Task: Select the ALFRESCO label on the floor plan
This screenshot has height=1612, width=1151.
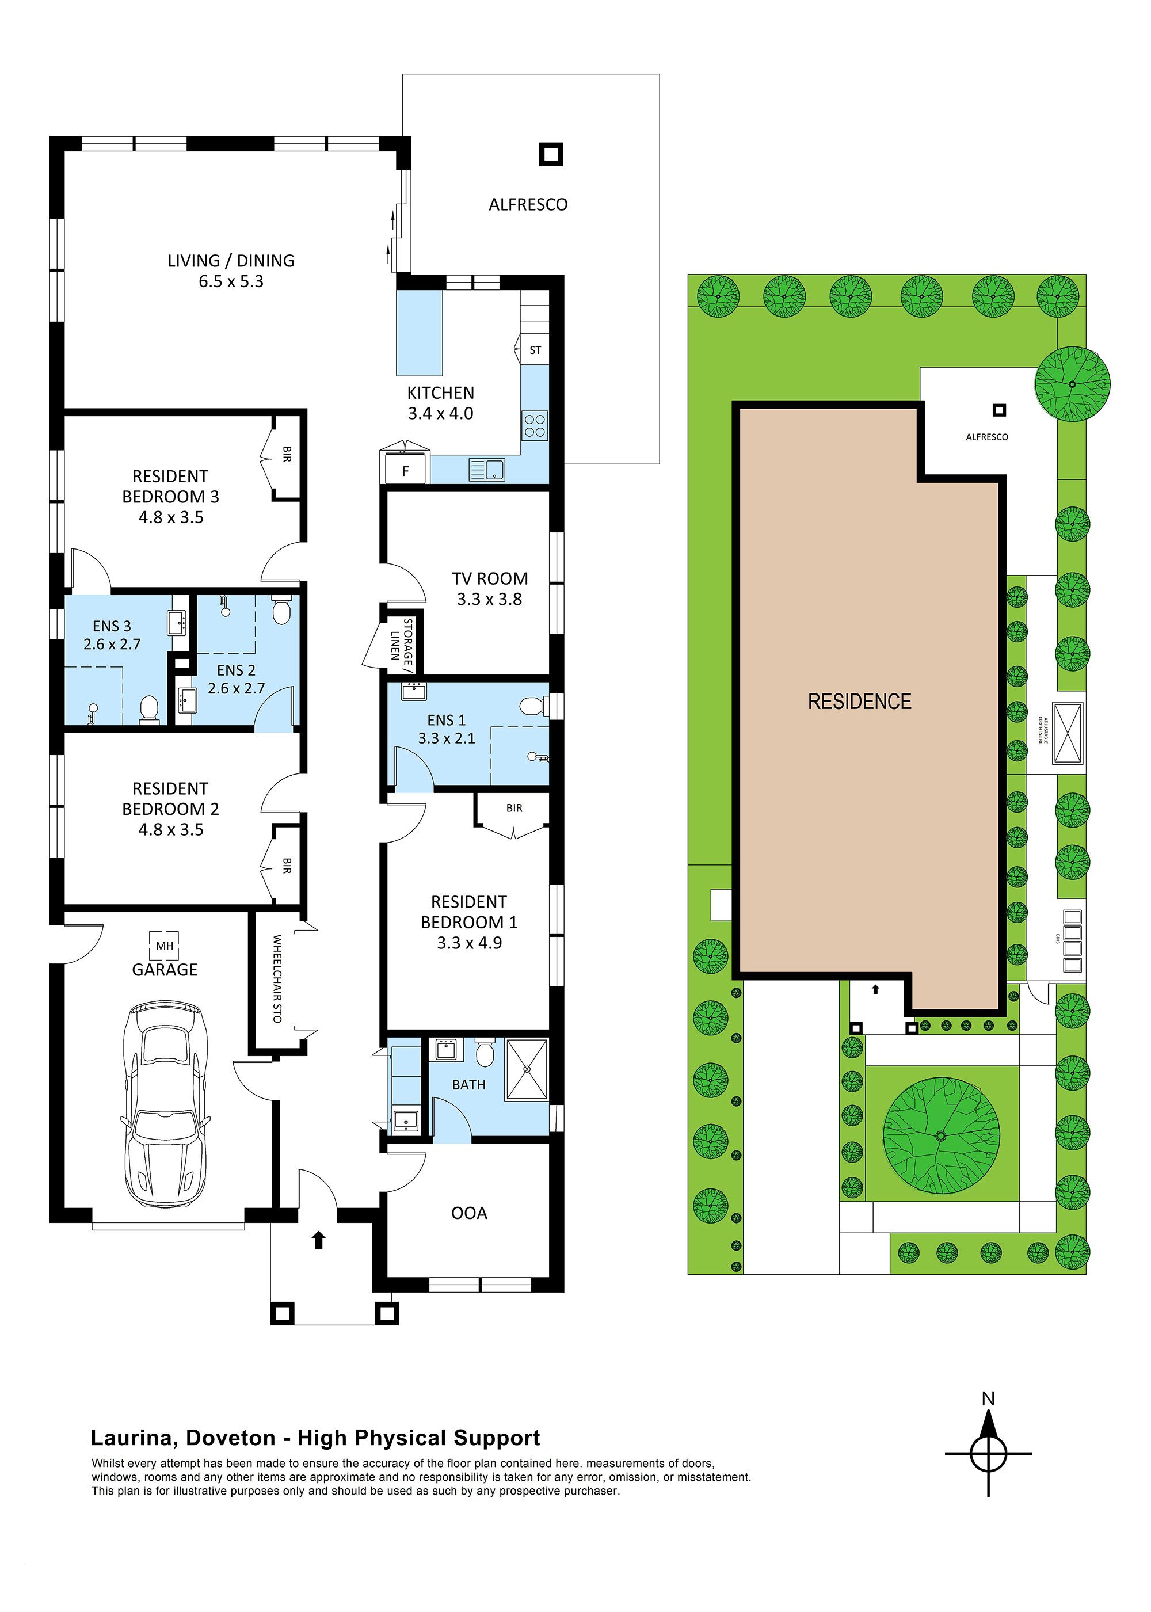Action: (x=528, y=205)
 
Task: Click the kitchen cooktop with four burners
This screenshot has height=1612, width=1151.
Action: (x=535, y=426)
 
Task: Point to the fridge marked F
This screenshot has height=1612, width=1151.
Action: (x=405, y=470)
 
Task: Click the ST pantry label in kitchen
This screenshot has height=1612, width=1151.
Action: (x=535, y=350)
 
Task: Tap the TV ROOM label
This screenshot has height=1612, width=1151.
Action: (x=490, y=579)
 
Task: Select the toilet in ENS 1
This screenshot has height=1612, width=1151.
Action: (x=532, y=706)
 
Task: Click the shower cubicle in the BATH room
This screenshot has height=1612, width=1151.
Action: (x=526, y=1070)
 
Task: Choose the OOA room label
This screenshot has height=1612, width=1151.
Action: (x=468, y=1213)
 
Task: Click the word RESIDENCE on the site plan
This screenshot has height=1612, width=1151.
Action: (x=859, y=702)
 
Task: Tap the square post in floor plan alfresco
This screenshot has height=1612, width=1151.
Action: (x=551, y=154)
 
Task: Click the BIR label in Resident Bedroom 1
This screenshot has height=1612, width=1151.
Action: (x=514, y=808)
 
